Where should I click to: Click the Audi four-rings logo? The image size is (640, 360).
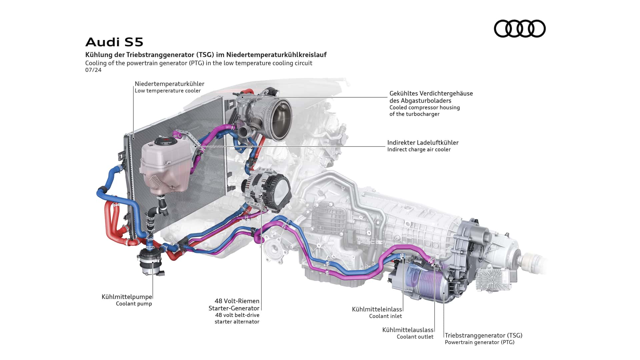(519, 28)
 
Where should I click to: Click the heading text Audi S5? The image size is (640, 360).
(114, 42)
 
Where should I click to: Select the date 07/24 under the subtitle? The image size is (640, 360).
(93, 70)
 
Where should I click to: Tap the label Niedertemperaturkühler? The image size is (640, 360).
(169, 84)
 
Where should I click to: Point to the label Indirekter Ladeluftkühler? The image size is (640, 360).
(423, 143)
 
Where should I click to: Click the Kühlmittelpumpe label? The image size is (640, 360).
(127, 297)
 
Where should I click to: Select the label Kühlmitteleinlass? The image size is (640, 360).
(377, 309)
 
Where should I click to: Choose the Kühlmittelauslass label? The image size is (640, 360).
(408, 330)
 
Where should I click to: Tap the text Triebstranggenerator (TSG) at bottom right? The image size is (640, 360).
(483, 335)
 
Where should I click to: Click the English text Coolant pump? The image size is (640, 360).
(134, 304)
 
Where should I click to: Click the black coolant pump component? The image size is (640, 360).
(149, 262)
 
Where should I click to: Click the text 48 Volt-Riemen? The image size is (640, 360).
(237, 301)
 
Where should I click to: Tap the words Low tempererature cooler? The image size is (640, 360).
(168, 91)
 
